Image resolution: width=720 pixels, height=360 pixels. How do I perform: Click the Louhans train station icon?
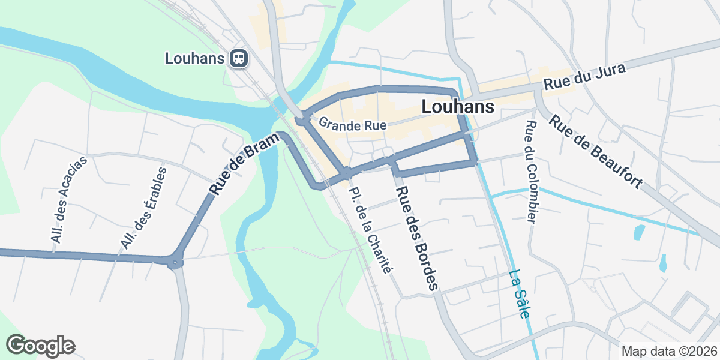239,58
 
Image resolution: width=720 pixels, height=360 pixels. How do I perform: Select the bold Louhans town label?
458,107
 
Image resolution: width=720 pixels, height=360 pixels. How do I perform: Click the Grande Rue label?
352,125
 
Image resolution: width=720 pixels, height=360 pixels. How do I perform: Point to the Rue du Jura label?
584,77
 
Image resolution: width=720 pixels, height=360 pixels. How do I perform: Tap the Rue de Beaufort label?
596,152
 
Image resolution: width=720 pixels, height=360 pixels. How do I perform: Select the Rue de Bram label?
245,164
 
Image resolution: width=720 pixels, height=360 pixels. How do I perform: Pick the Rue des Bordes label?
416,238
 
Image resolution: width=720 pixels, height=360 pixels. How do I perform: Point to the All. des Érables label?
143,208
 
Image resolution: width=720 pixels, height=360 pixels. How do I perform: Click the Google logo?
41,346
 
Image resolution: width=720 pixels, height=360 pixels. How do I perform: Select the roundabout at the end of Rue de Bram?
175,262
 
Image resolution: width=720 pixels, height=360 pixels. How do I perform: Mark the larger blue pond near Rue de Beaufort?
639,232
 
